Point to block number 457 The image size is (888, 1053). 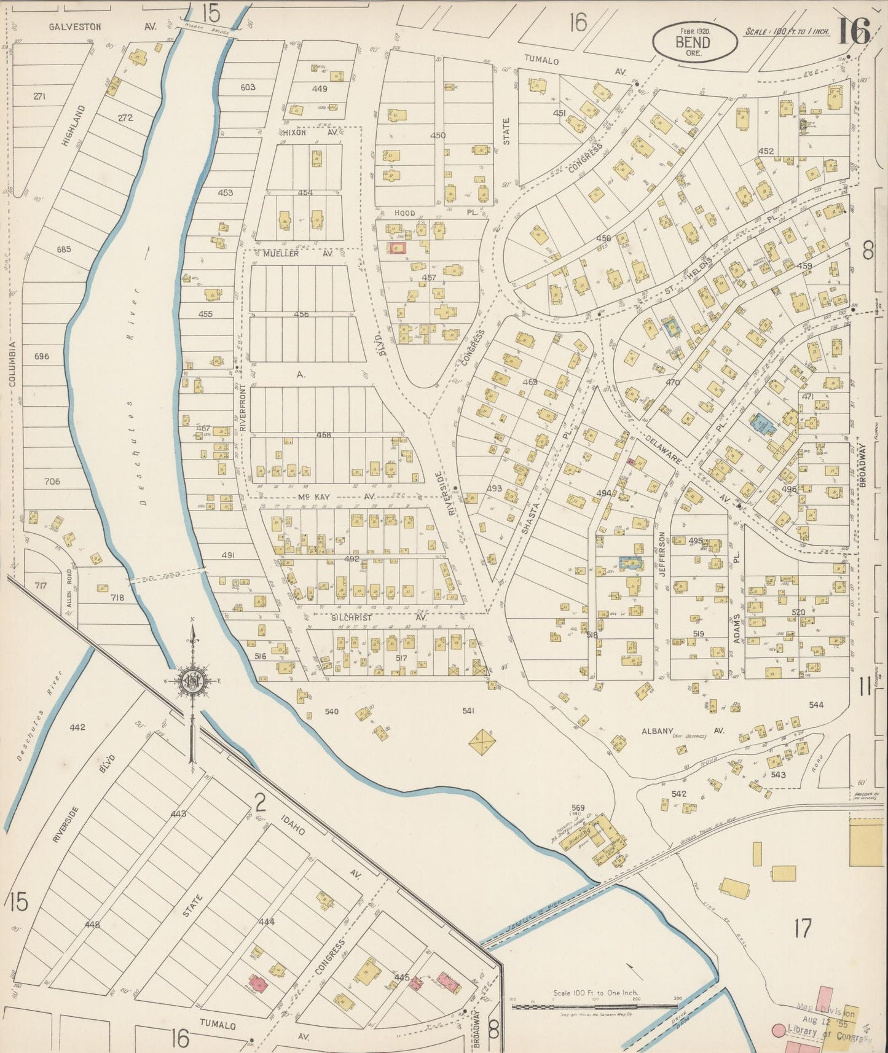point(428,278)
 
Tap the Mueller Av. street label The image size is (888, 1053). point(297,253)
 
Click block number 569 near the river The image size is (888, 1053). point(578,807)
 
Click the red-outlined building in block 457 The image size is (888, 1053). point(397,248)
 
